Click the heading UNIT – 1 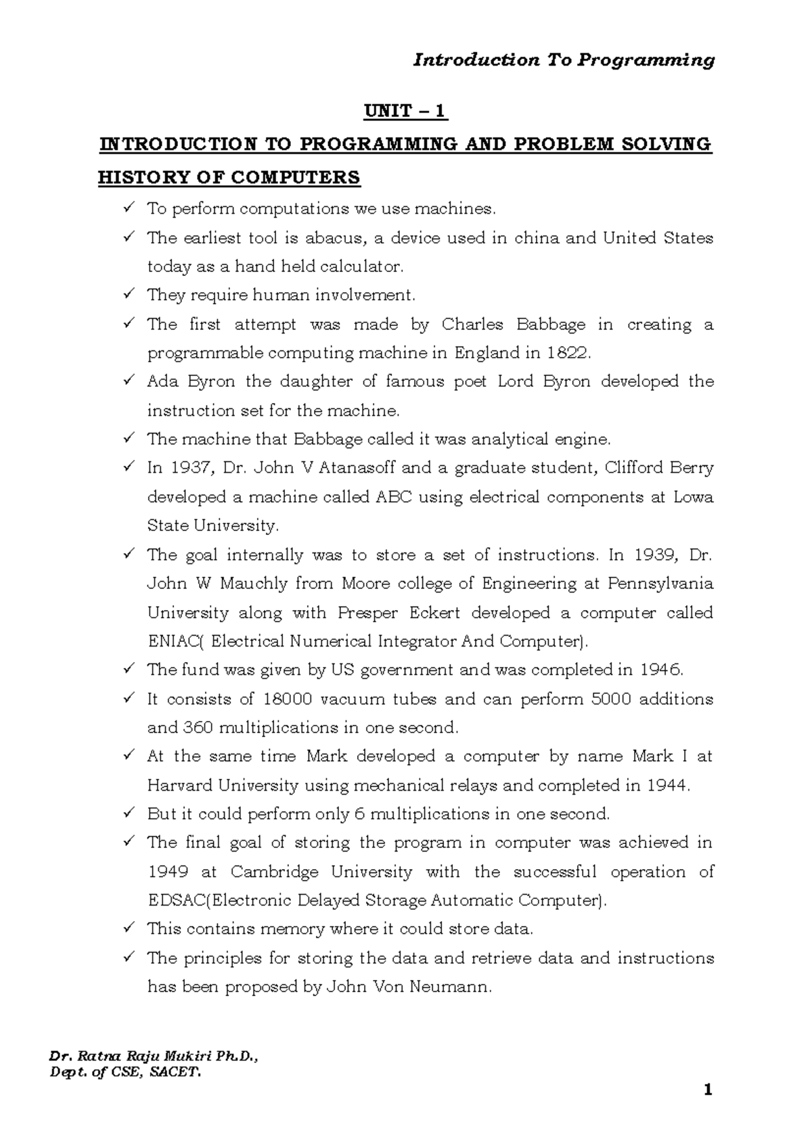coord(406,111)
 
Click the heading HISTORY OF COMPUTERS coord(229,178)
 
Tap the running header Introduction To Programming coord(564,60)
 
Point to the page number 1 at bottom coord(708,1090)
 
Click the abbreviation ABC coord(392,497)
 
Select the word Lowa coord(694,497)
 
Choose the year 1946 coord(660,670)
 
